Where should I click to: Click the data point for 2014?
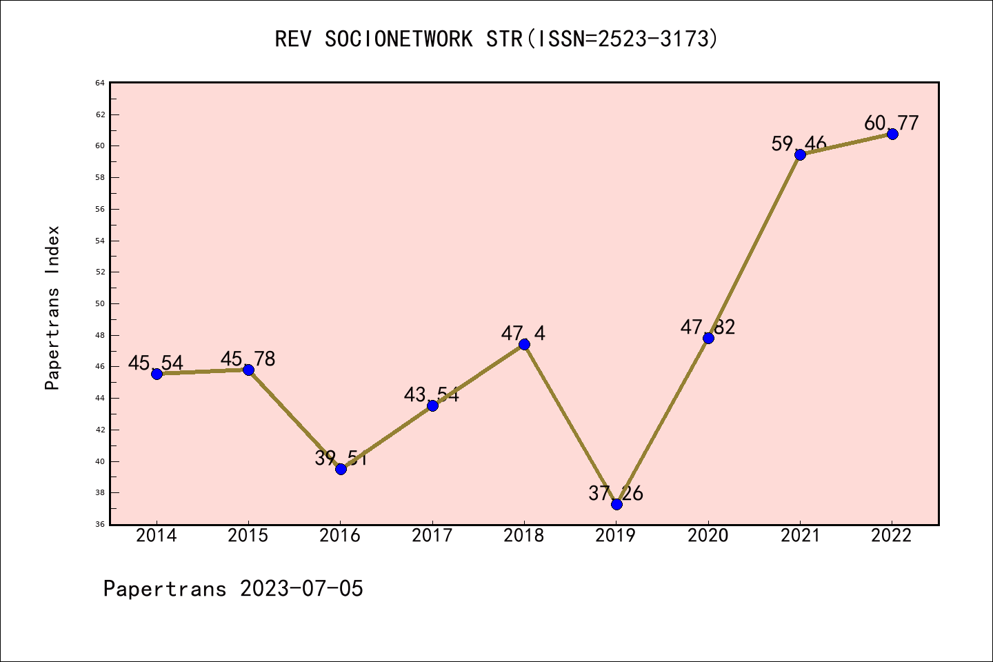coord(157,374)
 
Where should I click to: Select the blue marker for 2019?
coord(616,504)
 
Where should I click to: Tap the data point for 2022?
coord(892,134)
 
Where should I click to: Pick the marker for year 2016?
coord(341,469)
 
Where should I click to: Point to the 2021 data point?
coord(800,154)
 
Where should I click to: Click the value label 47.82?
coord(708,327)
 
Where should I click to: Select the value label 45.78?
coord(248,359)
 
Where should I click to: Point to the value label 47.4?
coord(523,334)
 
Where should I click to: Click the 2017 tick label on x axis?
coord(432,536)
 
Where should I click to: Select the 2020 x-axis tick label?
coord(708,536)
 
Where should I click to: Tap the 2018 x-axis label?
coord(524,536)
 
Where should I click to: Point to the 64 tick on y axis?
coord(100,83)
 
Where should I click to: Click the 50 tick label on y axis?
coord(100,303)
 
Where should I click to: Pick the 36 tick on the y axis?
coord(100,524)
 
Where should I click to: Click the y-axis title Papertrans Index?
coord(52,308)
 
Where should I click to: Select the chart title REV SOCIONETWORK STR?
coord(496,39)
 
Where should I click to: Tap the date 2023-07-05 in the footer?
coord(301,589)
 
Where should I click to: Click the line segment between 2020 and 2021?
coord(754,246)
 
